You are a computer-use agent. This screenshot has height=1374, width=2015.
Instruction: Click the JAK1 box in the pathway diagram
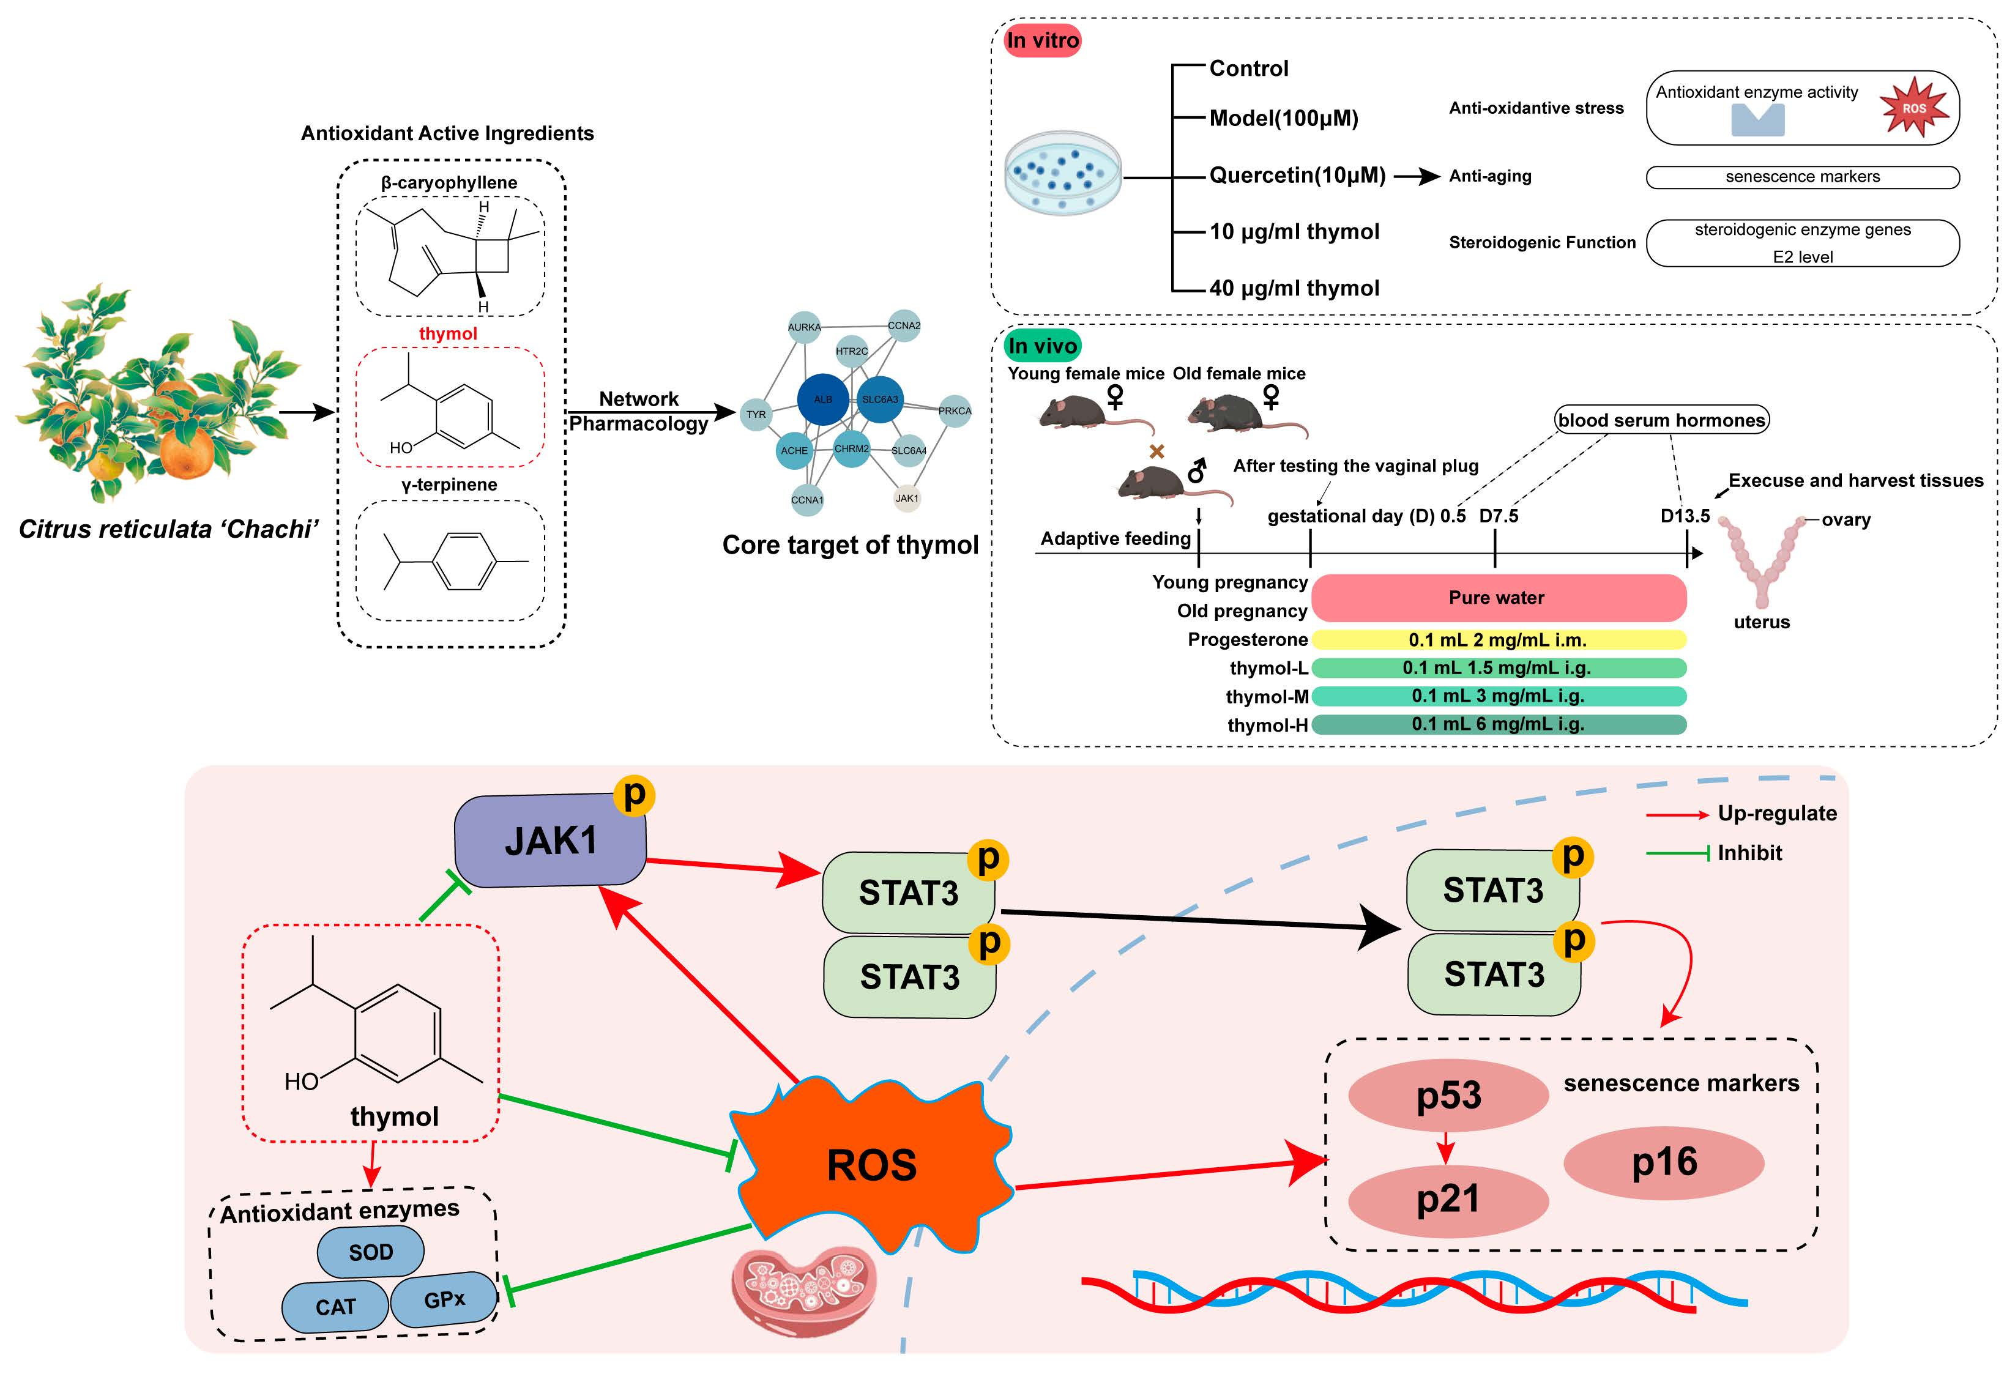point(549,841)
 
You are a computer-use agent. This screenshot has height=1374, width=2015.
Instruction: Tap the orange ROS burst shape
point(871,1164)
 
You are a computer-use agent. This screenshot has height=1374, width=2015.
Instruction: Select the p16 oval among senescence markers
point(1663,1162)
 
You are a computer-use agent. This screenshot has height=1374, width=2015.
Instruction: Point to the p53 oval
point(1448,1095)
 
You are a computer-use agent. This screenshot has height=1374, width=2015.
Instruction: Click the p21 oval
point(1448,1199)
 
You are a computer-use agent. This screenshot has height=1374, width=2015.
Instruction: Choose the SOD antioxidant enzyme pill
point(370,1252)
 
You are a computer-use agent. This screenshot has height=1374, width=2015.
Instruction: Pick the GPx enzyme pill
point(444,1299)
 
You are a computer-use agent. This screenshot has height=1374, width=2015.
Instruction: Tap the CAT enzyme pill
point(335,1306)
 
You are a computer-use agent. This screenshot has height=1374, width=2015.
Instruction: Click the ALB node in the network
point(822,399)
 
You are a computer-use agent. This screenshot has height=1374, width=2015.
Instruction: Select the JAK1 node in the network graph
point(906,499)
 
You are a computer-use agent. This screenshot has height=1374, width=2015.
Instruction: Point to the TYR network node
point(756,414)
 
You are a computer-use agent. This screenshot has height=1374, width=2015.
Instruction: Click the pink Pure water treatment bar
point(1497,597)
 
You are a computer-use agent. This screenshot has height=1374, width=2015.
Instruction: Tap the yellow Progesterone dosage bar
point(1497,640)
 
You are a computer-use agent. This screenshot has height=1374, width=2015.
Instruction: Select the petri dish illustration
point(1062,173)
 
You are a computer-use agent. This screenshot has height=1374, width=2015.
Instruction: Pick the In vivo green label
point(1042,346)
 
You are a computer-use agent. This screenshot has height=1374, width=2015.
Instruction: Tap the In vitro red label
point(1042,40)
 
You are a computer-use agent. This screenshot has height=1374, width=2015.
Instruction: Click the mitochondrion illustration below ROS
point(804,1290)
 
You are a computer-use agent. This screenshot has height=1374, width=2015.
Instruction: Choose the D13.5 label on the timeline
point(1685,516)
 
